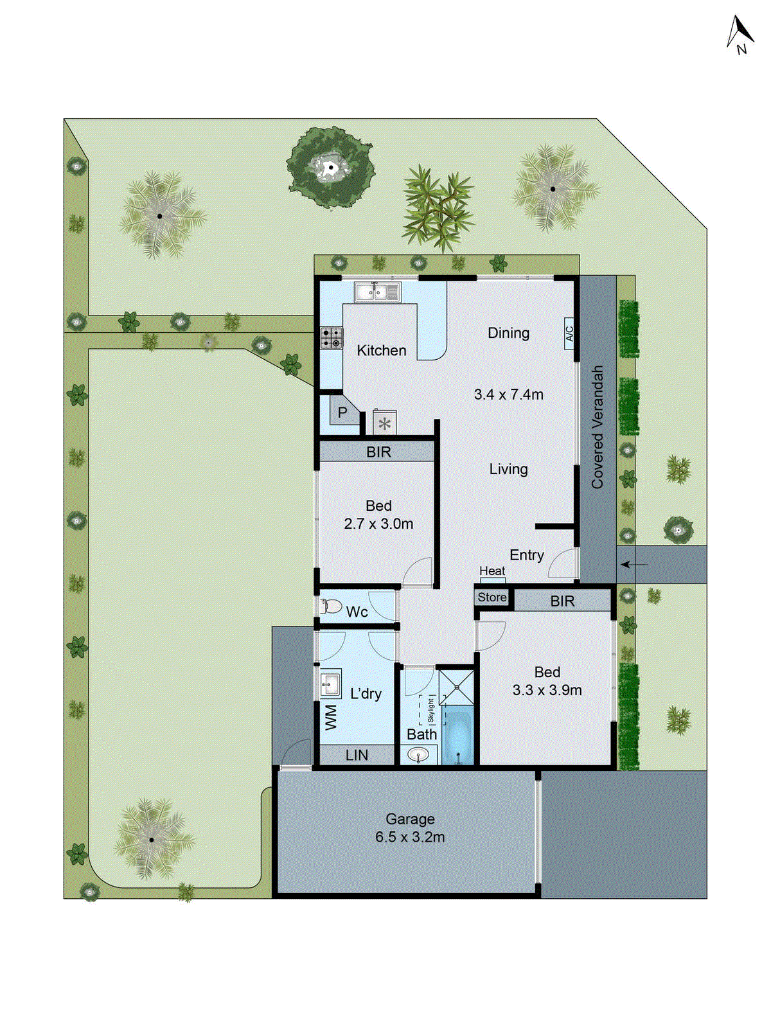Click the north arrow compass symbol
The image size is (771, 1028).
point(740,35)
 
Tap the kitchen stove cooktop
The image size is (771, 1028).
point(332,338)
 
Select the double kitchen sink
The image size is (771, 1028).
point(378,292)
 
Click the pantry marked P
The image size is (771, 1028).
point(341,412)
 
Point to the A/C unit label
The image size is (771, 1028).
point(569,334)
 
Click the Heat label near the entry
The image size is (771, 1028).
point(492,571)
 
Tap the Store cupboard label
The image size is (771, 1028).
point(492,597)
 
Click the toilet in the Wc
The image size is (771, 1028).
point(331,606)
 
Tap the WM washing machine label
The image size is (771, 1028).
point(331,717)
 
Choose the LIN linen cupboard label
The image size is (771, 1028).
point(357,755)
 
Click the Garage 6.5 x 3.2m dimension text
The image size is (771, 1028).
point(410,837)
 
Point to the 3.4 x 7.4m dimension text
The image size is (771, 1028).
point(508,394)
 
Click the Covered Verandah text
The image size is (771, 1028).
point(598,427)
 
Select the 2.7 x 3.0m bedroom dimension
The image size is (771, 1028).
point(378,524)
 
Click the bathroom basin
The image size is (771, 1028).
point(418,755)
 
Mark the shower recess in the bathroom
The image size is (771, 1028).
point(457,687)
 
